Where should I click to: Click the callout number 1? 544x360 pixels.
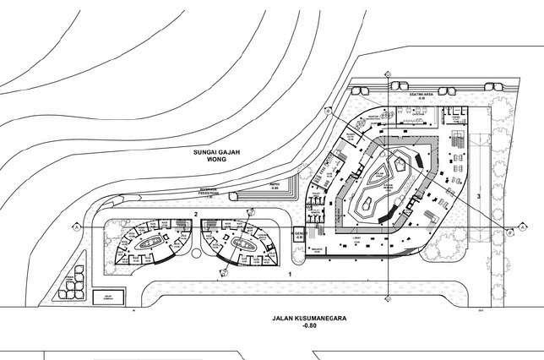click(x=289, y=275)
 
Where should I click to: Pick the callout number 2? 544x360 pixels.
click(x=195, y=214)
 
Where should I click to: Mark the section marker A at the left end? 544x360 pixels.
click(x=77, y=227)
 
